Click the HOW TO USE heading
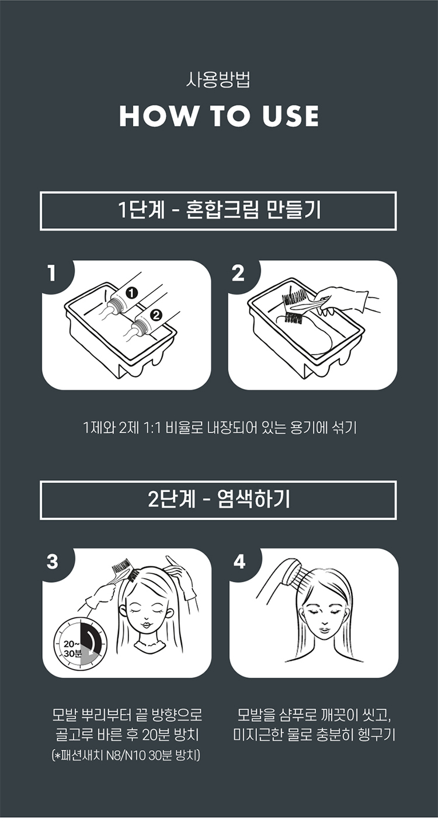click(218, 116)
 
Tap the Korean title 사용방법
click(218, 80)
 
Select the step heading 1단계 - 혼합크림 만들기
click(220, 211)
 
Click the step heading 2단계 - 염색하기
click(219, 499)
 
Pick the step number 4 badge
click(239, 561)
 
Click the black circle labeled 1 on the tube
click(131, 293)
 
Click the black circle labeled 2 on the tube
click(156, 314)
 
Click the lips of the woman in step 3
click(146, 624)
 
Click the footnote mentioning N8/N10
click(126, 756)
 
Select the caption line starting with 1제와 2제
click(220, 428)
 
